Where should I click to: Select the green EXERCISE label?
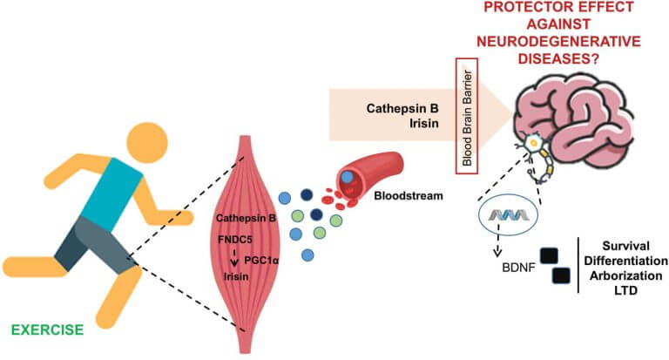tap(49, 330)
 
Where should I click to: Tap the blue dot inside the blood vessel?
tap(348, 177)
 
